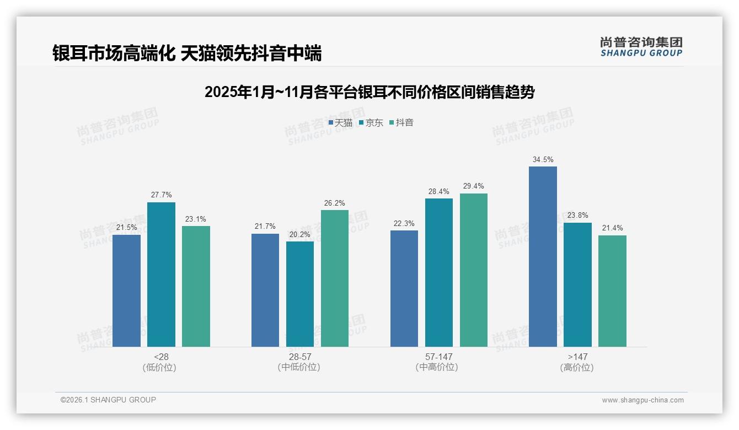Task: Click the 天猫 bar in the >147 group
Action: (543, 256)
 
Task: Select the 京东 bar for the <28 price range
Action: (161, 275)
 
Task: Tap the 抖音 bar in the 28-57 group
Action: (335, 278)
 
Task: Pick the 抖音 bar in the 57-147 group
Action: (474, 270)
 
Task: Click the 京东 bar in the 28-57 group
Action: (300, 294)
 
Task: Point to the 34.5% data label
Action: (543, 160)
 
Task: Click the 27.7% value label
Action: (161, 195)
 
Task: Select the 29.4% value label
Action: (474, 186)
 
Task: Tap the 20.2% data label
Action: (300, 234)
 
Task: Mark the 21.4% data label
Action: (612, 228)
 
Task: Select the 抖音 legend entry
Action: (401, 123)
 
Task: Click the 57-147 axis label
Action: (438, 357)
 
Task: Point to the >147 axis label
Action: (577, 357)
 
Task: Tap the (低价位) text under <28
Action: (161, 367)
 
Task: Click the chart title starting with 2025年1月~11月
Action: (369, 92)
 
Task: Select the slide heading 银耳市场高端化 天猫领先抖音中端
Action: (187, 53)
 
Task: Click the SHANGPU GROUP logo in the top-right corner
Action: (641, 47)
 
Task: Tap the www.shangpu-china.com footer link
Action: (642, 400)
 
